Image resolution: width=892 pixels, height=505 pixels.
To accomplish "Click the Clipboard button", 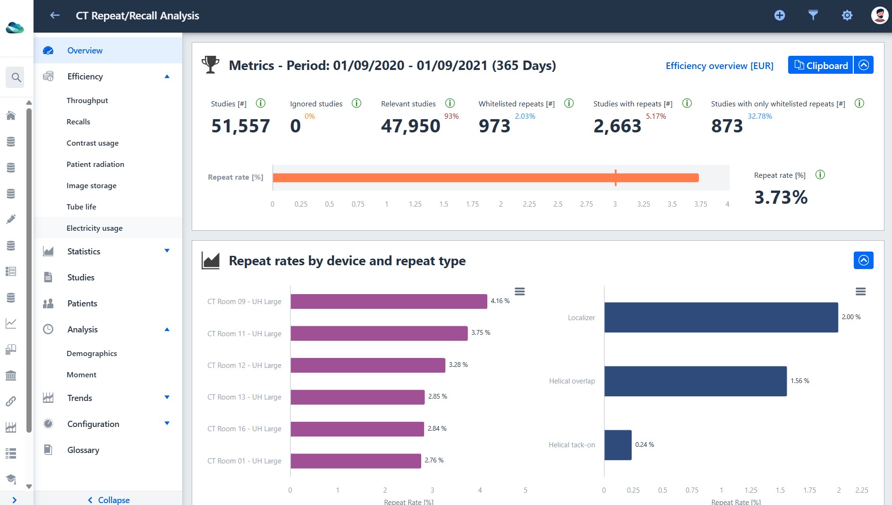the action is click(820, 65).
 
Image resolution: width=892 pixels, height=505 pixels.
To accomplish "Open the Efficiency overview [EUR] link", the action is click(719, 66).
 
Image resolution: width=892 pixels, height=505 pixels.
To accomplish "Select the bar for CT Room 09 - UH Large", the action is click(389, 302).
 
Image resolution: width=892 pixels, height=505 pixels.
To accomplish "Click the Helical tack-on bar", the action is click(618, 445).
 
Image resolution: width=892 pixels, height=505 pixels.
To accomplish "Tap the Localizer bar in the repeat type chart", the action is click(721, 317).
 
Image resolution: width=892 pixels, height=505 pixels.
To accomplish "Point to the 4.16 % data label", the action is click(500, 301).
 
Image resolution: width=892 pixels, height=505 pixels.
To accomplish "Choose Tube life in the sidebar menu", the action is click(81, 207).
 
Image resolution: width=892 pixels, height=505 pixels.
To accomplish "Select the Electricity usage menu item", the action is click(94, 228).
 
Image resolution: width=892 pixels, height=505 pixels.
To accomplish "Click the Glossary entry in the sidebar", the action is click(83, 450).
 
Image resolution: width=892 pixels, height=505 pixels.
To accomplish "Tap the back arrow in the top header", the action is click(55, 16).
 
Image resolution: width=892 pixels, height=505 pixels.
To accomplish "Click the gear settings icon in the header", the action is click(847, 16).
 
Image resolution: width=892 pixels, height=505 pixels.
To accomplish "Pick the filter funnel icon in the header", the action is click(813, 16).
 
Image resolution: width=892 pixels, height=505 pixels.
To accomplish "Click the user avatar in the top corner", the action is click(879, 15).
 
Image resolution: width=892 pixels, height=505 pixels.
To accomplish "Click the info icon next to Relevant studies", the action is click(450, 103).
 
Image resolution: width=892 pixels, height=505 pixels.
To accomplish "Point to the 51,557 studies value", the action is click(240, 126).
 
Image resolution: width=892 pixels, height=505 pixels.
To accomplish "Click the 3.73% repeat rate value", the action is click(781, 197).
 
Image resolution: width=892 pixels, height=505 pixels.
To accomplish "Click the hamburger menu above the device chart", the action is click(519, 291).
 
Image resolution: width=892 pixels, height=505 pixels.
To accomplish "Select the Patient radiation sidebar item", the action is click(95, 164).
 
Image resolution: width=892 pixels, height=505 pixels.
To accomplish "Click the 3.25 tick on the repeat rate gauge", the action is click(643, 204).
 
